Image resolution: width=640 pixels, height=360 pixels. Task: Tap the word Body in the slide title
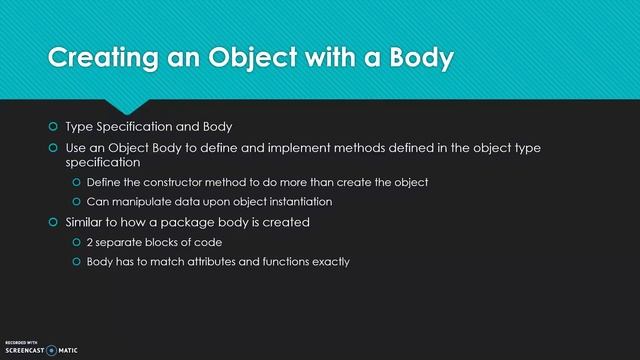(x=414, y=59)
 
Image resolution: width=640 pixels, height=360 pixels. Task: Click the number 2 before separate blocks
(x=90, y=242)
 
